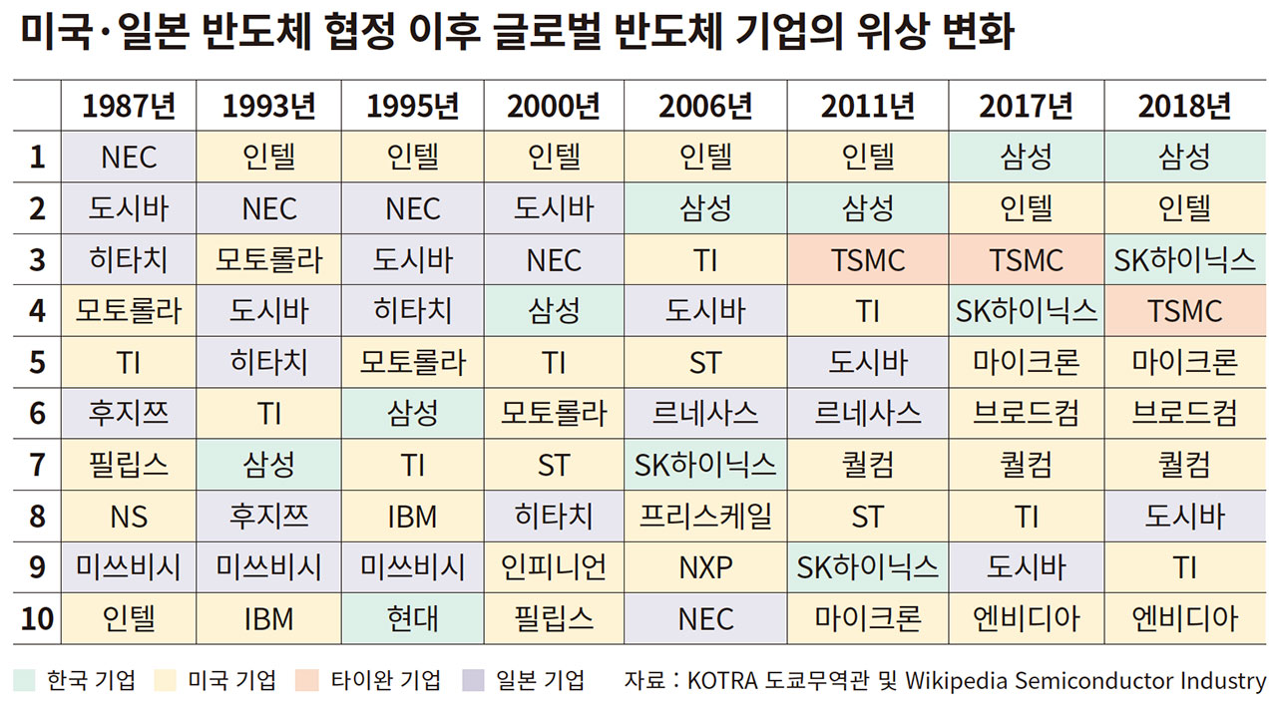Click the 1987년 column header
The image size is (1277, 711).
(x=129, y=105)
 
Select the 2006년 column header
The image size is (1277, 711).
(x=705, y=105)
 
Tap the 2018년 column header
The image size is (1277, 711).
(x=1185, y=105)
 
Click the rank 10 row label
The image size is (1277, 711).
(x=37, y=618)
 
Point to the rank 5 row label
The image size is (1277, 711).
(x=37, y=362)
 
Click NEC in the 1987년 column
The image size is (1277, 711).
(x=129, y=157)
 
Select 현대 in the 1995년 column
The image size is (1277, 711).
(x=413, y=618)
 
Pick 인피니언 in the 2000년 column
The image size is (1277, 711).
(x=554, y=567)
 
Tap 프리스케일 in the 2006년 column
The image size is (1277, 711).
(x=705, y=516)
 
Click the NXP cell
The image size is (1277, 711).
(x=705, y=567)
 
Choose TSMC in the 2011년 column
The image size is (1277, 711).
(x=867, y=260)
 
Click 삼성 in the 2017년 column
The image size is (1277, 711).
(x=1027, y=157)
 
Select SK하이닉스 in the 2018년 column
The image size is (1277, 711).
(x=1185, y=260)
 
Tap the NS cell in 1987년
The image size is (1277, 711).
(x=129, y=516)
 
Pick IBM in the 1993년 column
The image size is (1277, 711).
(x=269, y=618)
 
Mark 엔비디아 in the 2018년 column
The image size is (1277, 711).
(x=1185, y=618)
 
